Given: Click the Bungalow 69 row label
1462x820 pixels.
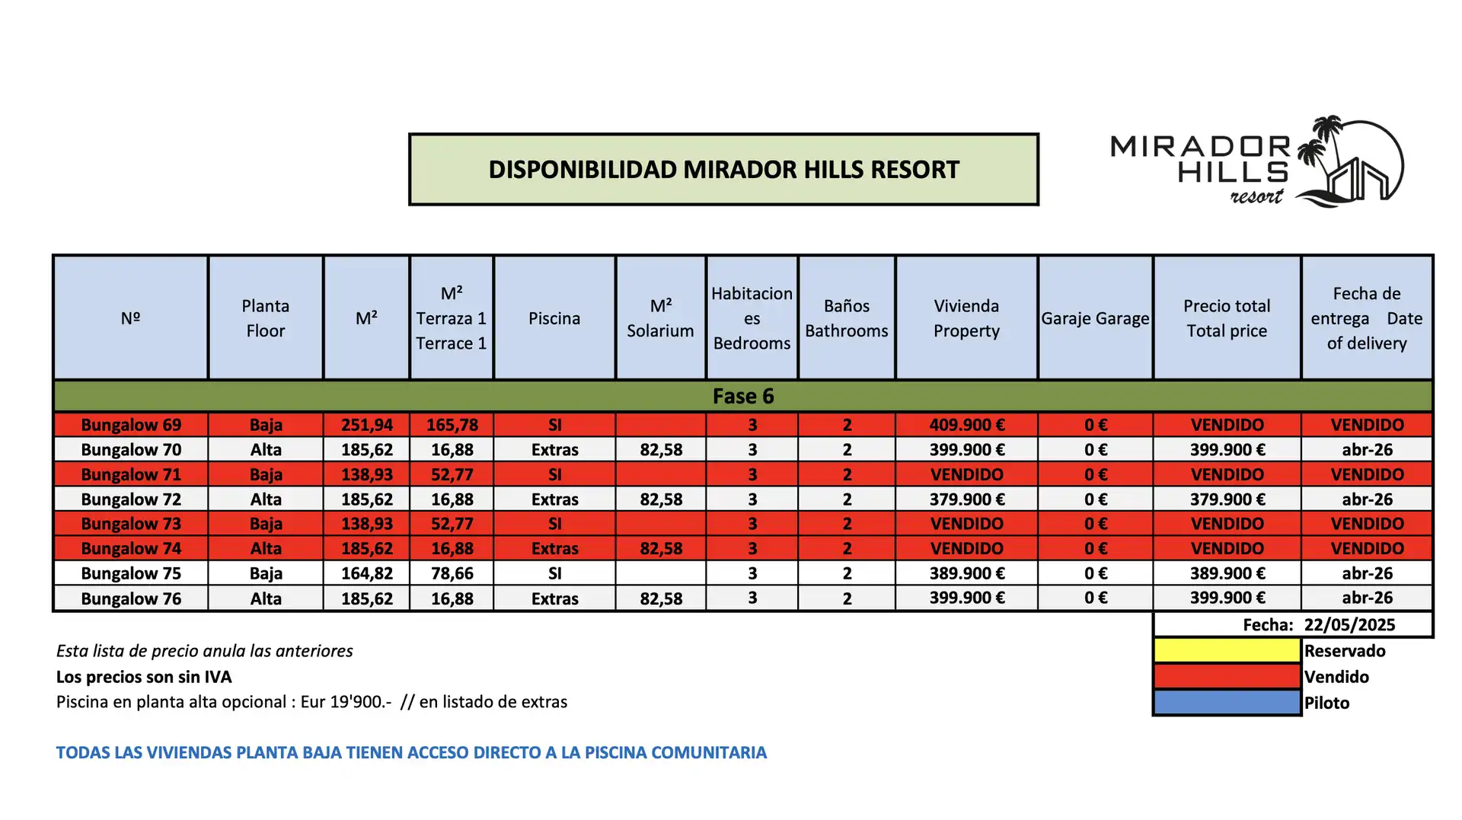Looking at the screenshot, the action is tap(131, 425).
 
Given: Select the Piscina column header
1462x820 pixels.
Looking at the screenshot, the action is tap(554, 318).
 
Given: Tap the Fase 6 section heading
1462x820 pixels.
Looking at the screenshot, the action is tap(743, 396).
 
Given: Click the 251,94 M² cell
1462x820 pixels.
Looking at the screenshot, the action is tap(367, 425).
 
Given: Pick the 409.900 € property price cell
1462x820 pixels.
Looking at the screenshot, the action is tap(967, 425).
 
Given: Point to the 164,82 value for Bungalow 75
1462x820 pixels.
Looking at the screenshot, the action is tap(367, 573).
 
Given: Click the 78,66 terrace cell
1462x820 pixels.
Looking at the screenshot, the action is tap(452, 573).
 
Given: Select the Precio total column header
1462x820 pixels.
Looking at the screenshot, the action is tap(1227, 318).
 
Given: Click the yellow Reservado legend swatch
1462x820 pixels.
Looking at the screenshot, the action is tap(1227, 650).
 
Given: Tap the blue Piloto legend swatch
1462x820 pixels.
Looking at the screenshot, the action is tap(1227, 702).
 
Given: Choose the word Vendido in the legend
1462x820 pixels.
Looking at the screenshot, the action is tap(1336, 677).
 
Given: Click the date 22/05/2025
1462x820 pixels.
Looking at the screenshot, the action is tap(1349, 625).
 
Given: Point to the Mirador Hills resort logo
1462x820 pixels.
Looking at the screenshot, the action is tap(1257, 161).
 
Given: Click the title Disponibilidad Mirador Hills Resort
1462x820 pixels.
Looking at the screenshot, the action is tap(724, 170).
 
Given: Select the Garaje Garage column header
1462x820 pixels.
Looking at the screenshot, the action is tap(1095, 318).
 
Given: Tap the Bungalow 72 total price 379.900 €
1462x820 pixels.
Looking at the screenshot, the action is tap(1227, 499).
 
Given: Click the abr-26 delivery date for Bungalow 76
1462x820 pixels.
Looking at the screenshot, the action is tap(1367, 598).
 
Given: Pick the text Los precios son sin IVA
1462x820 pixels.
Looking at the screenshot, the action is tap(144, 677).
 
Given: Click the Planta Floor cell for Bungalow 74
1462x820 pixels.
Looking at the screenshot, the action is tap(266, 548).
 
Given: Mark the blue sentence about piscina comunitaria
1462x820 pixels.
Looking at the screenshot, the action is tap(411, 752).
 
